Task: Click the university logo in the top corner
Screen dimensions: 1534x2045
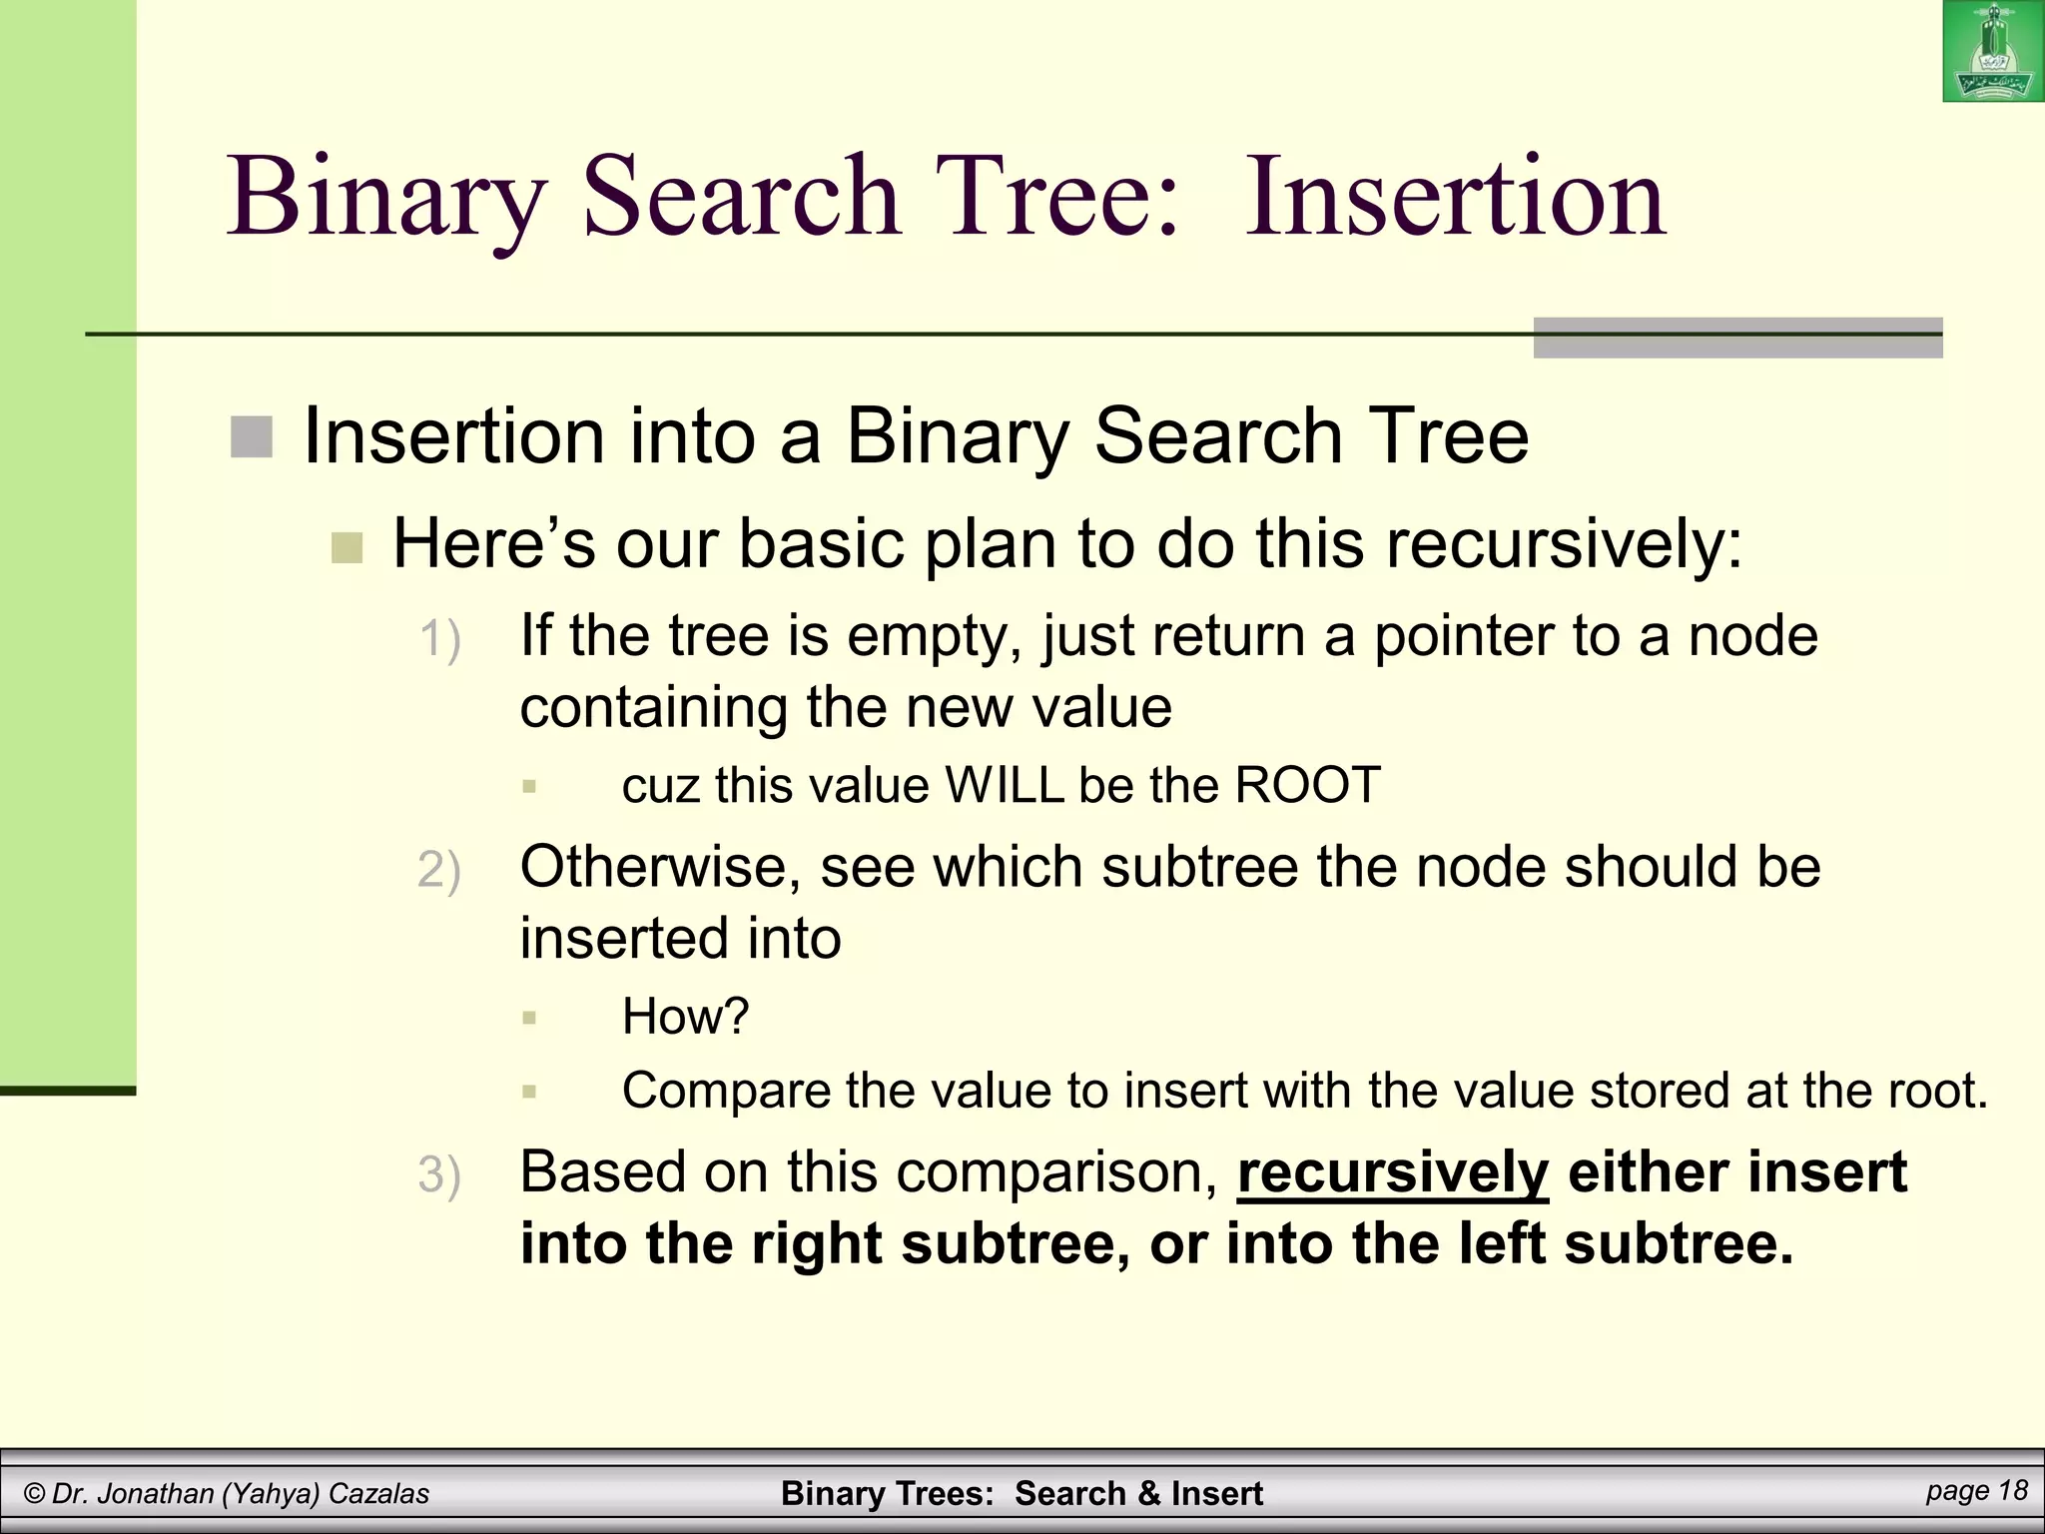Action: click(x=1993, y=52)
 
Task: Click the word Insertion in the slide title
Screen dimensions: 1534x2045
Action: click(x=1455, y=197)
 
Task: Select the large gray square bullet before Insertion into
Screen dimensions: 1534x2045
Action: click(x=252, y=437)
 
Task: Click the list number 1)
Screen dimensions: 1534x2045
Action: click(x=439, y=639)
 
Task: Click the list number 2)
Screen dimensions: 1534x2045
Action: click(x=439, y=870)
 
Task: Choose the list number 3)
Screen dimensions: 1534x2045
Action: click(x=439, y=1174)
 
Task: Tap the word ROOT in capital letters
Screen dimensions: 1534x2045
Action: click(x=1307, y=786)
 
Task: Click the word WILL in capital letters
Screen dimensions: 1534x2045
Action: click(x=1006, y=786)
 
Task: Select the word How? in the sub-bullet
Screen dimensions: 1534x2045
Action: click(x=685, y=1017)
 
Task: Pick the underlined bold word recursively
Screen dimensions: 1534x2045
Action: click(x=1392, y=1173)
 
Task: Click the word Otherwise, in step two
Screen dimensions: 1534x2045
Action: click(x=660, y=867)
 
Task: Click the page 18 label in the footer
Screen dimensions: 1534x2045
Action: click(x=1976, y=1491)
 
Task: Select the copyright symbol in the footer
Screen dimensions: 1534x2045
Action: click(x=35, y=1494)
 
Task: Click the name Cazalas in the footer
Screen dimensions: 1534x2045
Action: click(x=378, y=1494)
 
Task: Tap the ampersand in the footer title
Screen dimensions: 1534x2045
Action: click(x=1148, y=1494)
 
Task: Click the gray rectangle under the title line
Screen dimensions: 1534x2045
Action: click(x=1736, y=338)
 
